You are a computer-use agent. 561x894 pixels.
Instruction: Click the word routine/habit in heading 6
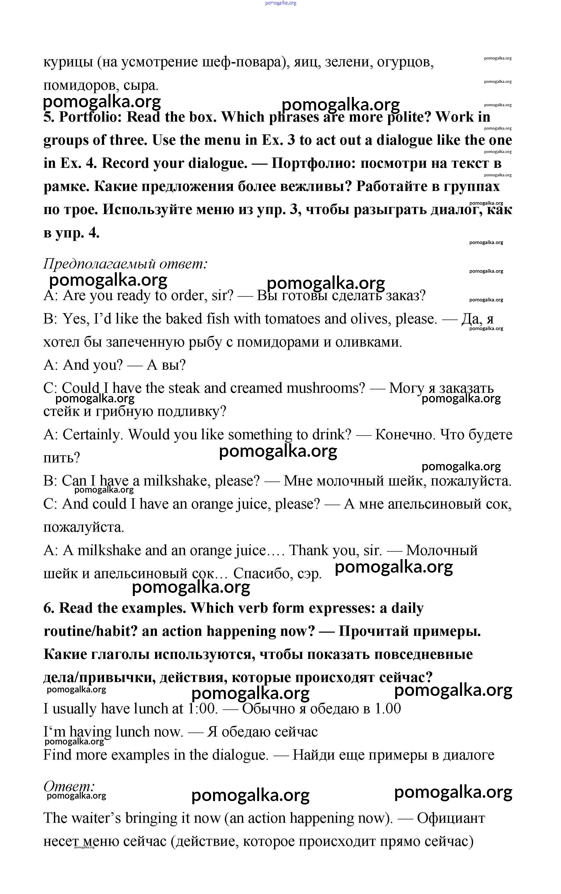click(91, 631)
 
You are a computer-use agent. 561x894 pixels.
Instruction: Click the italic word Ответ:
click(69, 786)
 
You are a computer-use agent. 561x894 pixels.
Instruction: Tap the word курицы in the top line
click(67, 62)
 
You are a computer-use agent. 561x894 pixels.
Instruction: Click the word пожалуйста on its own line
click(83, 527)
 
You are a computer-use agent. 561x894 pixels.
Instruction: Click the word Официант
click(451, 818)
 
